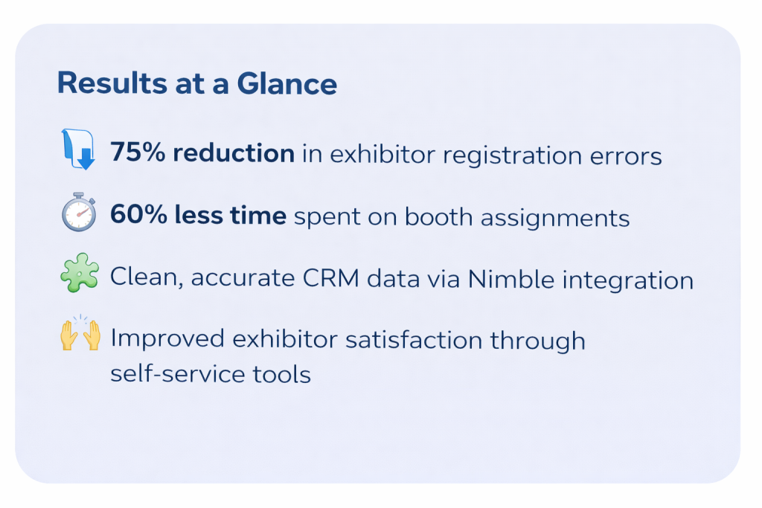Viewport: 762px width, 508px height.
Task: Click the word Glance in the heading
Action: [x=286, y=83]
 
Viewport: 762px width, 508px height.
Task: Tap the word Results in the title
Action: [x=112, y=83]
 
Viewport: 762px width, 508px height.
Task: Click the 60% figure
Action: [x=138, y=214]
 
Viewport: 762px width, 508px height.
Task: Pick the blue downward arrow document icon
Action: [x=78, y=149]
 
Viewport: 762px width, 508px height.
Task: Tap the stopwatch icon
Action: [x=79, y=212]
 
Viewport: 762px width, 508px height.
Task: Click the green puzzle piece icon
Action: [x=80, y=272]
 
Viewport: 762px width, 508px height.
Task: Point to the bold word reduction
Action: [x=234, y=153]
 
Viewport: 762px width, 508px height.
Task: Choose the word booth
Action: [x=438, y=216]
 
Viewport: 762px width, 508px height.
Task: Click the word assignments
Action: [x=555, y=218]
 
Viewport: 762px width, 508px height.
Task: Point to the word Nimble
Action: [x=510, y=279]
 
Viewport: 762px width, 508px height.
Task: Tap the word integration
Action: [x=628, y=280]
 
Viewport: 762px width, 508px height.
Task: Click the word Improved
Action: [x=167, y=339]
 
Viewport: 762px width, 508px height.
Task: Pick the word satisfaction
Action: [x=414, y=339]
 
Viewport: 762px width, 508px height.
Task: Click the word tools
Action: [x=282, y=374]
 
